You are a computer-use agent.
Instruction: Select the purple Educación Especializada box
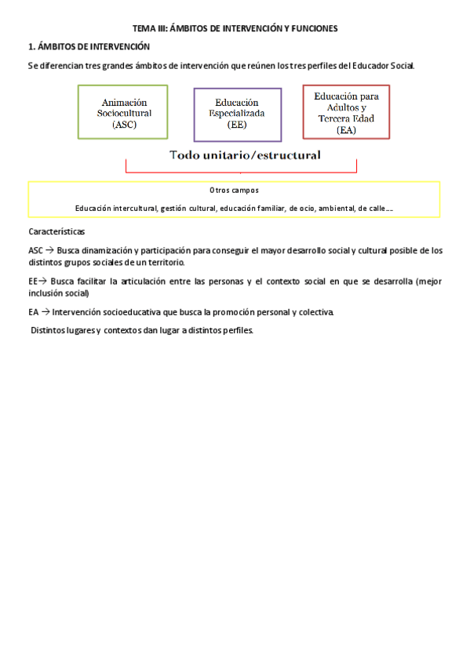[x=237, y=114]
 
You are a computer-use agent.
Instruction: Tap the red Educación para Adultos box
[x=346, y=112]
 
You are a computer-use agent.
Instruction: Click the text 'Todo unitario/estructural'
[x=245, y=155]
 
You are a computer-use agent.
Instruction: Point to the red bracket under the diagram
[x=241, y=171]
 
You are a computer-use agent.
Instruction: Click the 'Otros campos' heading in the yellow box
[x=234, y=191]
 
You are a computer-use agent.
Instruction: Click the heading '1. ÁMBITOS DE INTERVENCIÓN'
[x=89, y=47]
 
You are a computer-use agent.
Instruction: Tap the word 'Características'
[x=56, y=232]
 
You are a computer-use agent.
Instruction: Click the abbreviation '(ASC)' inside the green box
[x=123, y=124]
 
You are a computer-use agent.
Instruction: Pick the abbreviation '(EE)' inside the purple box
[x=237, y=124]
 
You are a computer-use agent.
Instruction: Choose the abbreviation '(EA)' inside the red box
[x=346, y=130]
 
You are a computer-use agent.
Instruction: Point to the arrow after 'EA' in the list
[x=45, y=312]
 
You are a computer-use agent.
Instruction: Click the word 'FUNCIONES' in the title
[x=311, y=28]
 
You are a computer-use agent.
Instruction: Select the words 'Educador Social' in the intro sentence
[x=384, y=65]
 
